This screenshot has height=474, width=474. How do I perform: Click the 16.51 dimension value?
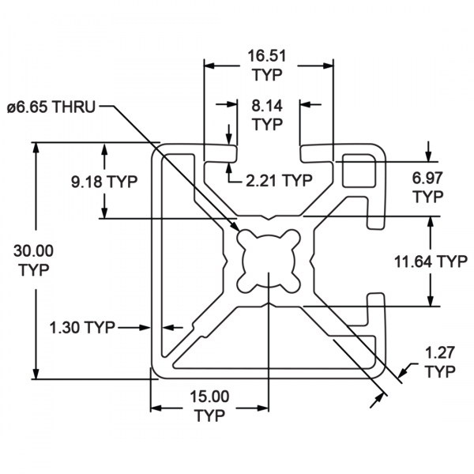coord(267,56)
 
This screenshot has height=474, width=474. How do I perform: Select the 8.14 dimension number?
coord(267,106)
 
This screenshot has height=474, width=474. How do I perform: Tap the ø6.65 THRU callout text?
coord(51,107)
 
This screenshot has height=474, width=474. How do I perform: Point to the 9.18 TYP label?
coord(104,182)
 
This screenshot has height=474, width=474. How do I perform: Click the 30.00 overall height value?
coord(33,251)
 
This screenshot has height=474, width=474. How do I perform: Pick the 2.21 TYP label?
coord(279,181)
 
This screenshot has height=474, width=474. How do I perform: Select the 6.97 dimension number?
coord(427,178)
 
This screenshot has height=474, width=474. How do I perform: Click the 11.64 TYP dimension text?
coord(431,261)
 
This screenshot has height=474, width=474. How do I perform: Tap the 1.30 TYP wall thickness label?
coord(82,327)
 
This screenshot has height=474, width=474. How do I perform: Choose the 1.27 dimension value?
coord(440,353)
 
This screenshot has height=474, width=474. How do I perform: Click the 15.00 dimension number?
coord(209,397)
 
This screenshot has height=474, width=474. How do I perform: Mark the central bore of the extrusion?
coord(268,261)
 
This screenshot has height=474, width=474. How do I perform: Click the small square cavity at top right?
coord(359,171)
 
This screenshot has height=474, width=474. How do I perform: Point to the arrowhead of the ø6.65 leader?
coord(235,227)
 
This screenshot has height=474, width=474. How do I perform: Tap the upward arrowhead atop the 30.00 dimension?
coord(36,147)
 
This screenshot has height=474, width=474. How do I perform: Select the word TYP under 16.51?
coord(268,75)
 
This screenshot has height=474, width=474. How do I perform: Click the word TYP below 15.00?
coord(210,416)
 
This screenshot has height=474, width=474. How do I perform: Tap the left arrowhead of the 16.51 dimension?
coord(209,66)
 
